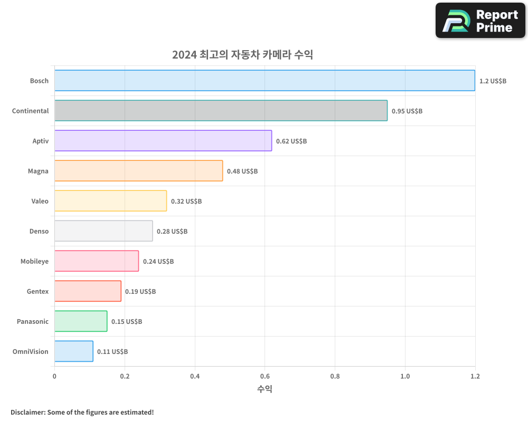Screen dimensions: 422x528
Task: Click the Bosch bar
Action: click(264, 81)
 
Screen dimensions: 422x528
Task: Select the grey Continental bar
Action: click(221, 111)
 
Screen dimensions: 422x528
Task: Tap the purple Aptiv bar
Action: click(163, 141)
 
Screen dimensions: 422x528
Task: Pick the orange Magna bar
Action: click(138, 171)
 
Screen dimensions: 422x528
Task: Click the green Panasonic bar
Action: click(81, 321)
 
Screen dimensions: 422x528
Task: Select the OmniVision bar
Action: click(74, 351)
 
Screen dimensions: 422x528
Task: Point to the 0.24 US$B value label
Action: click(158, 262)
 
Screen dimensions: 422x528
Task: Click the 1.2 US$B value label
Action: click(493, 81)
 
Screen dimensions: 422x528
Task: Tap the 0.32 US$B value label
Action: click(186, 202)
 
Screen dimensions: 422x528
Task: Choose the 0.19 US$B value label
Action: click(140, 292)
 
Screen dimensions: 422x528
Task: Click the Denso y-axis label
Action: click(39, 231)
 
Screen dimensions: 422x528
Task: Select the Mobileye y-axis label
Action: click(34, 261)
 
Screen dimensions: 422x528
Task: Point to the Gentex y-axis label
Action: click(37, 291)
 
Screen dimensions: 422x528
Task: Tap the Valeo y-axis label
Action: click(40, 201)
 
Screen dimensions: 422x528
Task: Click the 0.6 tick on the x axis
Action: click(265, 376)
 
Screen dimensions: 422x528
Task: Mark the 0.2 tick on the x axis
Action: click(125, 376)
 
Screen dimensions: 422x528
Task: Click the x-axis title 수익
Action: click(265, 389)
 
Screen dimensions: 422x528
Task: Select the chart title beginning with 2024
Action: click(242, 55)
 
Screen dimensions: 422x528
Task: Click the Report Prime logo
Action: click(480, 21)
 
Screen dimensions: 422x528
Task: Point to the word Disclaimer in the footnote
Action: click(27, 412)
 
